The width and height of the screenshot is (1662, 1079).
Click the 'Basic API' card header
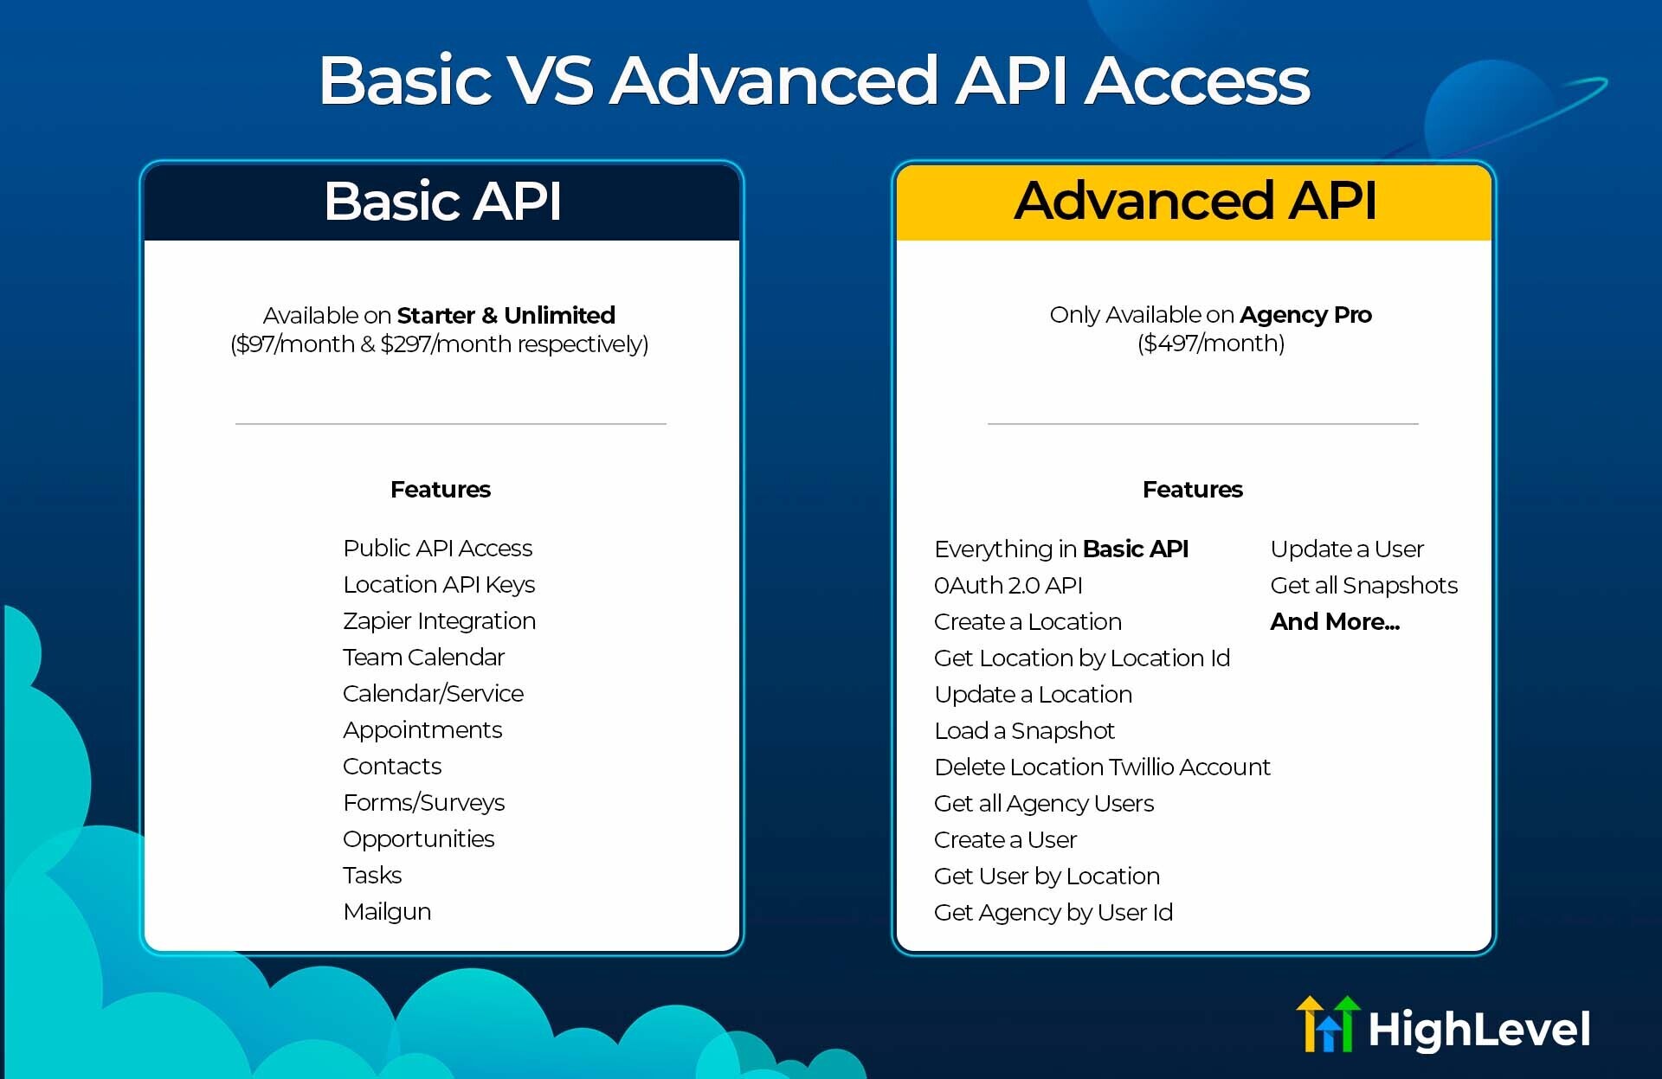click(x=442, y=201)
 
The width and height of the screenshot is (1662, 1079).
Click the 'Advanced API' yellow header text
click(x=1195, y=201)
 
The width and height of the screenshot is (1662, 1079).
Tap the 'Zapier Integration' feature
click(x=439, y=621)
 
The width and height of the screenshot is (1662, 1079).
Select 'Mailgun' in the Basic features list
click(x=387, y=912)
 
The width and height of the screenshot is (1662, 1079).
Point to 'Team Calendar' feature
click(x=423, y=658)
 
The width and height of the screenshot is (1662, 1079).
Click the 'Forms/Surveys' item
click(x=423, y=803)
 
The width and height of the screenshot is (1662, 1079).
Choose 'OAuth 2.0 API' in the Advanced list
click(x=1008, y=586)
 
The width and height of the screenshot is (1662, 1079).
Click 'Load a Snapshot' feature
click(x=1024, y=731)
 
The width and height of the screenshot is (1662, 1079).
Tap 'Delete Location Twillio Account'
click(x=1102, y=768)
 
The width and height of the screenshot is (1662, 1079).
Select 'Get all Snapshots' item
click(x=1363, y=586)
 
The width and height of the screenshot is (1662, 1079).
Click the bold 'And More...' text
click(x=1334, y=622)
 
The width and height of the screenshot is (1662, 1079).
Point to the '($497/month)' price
click(x=1210, y=344)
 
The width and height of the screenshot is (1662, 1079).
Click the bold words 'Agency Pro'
click(x=1305, y=315)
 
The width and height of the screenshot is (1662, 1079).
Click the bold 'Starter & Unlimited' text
click(x=506, y=316)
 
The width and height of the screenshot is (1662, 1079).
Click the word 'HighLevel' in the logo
click(x=1478, y=1030)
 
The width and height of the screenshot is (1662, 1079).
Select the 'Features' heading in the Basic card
click(x=440, y=490)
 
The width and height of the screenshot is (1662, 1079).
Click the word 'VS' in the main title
click(x=551, y=80)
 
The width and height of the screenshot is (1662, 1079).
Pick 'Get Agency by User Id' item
click(x=1053, y=913)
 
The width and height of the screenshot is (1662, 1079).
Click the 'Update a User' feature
click(x=1346, y=549)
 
